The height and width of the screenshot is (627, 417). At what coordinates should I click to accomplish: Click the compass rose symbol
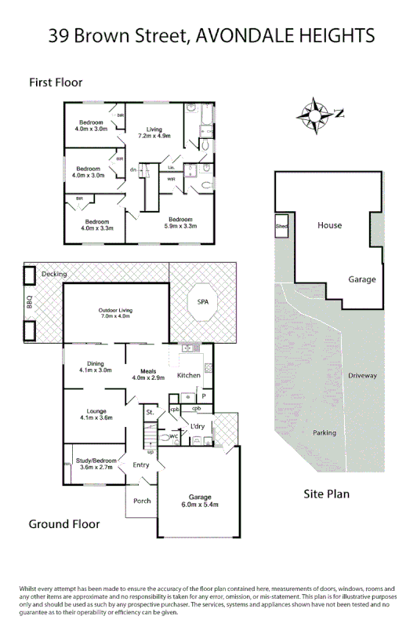[x=314, y=115]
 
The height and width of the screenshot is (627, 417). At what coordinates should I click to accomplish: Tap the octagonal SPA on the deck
[x=201, y=301]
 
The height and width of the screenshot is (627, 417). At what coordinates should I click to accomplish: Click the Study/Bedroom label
[x=96, y=464]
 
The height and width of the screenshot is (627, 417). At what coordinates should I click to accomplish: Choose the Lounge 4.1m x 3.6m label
[x=96, y=415]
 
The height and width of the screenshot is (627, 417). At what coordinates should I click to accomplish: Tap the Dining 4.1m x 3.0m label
[x=96, y=366]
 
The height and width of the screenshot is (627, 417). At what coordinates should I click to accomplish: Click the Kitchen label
[x=189, y=376]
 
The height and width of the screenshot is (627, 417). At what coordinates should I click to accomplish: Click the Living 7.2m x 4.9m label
[x=154, y=133]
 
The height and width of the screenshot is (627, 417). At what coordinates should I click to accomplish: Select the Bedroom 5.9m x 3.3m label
[x=179, y=222]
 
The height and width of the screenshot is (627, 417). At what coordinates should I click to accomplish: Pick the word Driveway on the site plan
[x=362, y=376]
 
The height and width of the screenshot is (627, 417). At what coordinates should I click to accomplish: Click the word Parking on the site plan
[x=324, y=432]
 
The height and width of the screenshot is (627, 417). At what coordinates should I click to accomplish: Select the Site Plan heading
[x=326, y=494]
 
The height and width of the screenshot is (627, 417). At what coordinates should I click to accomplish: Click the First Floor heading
[x=56, y=82]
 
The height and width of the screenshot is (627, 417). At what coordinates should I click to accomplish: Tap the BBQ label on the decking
[x=29, y=301]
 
